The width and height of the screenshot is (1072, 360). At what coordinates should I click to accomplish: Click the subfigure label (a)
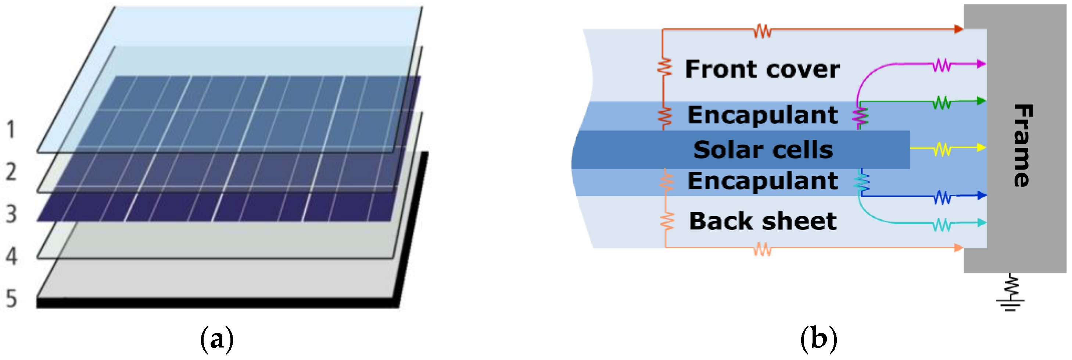217,339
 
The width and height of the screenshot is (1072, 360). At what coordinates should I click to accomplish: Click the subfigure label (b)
818,339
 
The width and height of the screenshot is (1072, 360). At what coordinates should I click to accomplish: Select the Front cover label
762,69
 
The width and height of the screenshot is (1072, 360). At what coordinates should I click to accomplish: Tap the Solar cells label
763,149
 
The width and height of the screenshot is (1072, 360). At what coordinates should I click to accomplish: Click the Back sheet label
763,221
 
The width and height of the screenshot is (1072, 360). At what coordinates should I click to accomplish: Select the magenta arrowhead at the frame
981,64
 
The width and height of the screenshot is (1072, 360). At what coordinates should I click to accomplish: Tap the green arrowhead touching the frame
981,101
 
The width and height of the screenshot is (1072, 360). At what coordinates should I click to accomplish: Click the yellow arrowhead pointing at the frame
981,147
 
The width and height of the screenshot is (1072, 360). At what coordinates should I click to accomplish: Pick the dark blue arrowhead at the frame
981,195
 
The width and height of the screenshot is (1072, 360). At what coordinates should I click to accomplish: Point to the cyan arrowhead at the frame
981,223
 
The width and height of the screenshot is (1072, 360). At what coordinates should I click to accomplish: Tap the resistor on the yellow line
942,149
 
